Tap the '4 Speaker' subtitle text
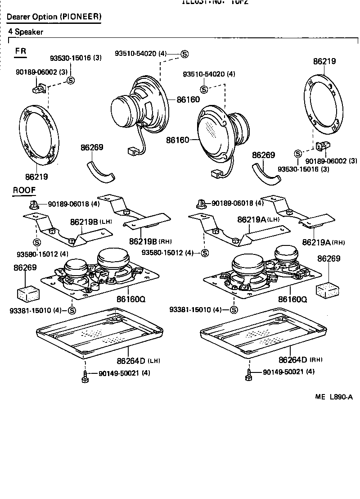26,32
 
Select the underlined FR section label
21,51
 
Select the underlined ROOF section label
24,190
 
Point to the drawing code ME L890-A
333,397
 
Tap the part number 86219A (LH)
258,219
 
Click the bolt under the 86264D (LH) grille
85,377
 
